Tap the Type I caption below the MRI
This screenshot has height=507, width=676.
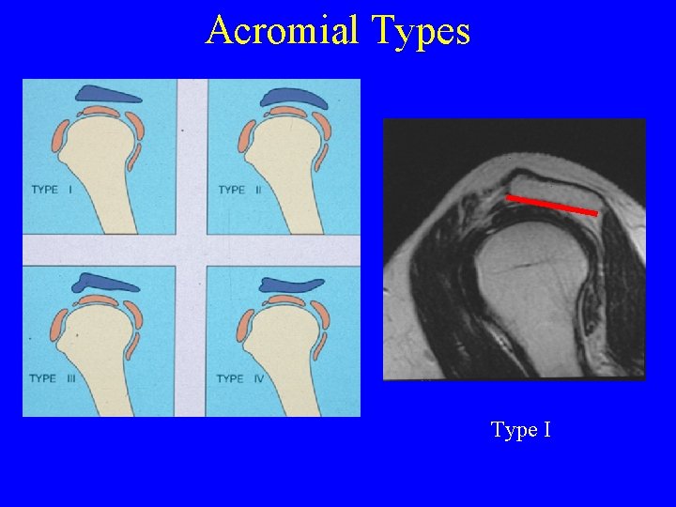click(520, 430)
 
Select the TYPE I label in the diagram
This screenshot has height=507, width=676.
click(57, 190)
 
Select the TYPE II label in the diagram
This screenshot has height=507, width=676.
click(245, 190)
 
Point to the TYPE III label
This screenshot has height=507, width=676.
click(57, 378)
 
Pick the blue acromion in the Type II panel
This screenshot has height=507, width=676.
click(295, 97)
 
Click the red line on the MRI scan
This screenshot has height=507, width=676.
click(551, 205)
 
